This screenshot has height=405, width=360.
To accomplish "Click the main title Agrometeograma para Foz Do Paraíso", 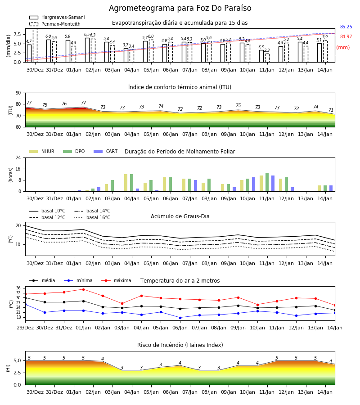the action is click(x=180, y=8).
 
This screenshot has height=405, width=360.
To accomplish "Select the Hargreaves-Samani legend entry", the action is click(x=57, y=17).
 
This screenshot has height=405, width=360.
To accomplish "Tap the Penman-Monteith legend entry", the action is click(x=55, y=24).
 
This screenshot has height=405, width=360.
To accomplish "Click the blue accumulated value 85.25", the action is click(x=346, y=27).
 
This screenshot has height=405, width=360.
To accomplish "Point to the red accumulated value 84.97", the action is click(x=346, y=36).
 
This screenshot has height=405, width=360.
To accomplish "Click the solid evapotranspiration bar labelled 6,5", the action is click(x=87, y=50).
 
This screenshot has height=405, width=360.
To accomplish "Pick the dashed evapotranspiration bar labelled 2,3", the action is click(x=267, y=58).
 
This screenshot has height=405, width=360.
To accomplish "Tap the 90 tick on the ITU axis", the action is click(x=18, y=93).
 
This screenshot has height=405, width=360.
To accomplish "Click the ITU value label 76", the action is click(x=64, y=103).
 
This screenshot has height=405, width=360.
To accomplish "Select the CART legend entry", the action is click(x=106, y=151).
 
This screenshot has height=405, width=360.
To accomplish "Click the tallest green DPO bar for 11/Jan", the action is click(x=267, y=182).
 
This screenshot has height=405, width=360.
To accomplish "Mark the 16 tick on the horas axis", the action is click(x=18, y=169).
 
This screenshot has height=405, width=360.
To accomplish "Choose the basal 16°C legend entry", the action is click(x=92, y=217).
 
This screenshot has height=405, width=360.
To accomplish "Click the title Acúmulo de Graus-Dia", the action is click(x=180, y=216).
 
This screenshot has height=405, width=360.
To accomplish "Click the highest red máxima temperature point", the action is click(x=83, y=289).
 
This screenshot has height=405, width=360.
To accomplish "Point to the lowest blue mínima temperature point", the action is click(x=180, y=318).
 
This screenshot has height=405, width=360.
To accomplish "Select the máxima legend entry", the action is click(x=117, y=280).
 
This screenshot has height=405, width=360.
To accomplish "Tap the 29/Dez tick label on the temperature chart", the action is click(x=25, y=328).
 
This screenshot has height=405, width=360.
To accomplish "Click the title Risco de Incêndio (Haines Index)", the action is click(x=180, y=345).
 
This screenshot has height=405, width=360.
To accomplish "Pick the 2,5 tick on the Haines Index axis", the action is click(x=17, y=373).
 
